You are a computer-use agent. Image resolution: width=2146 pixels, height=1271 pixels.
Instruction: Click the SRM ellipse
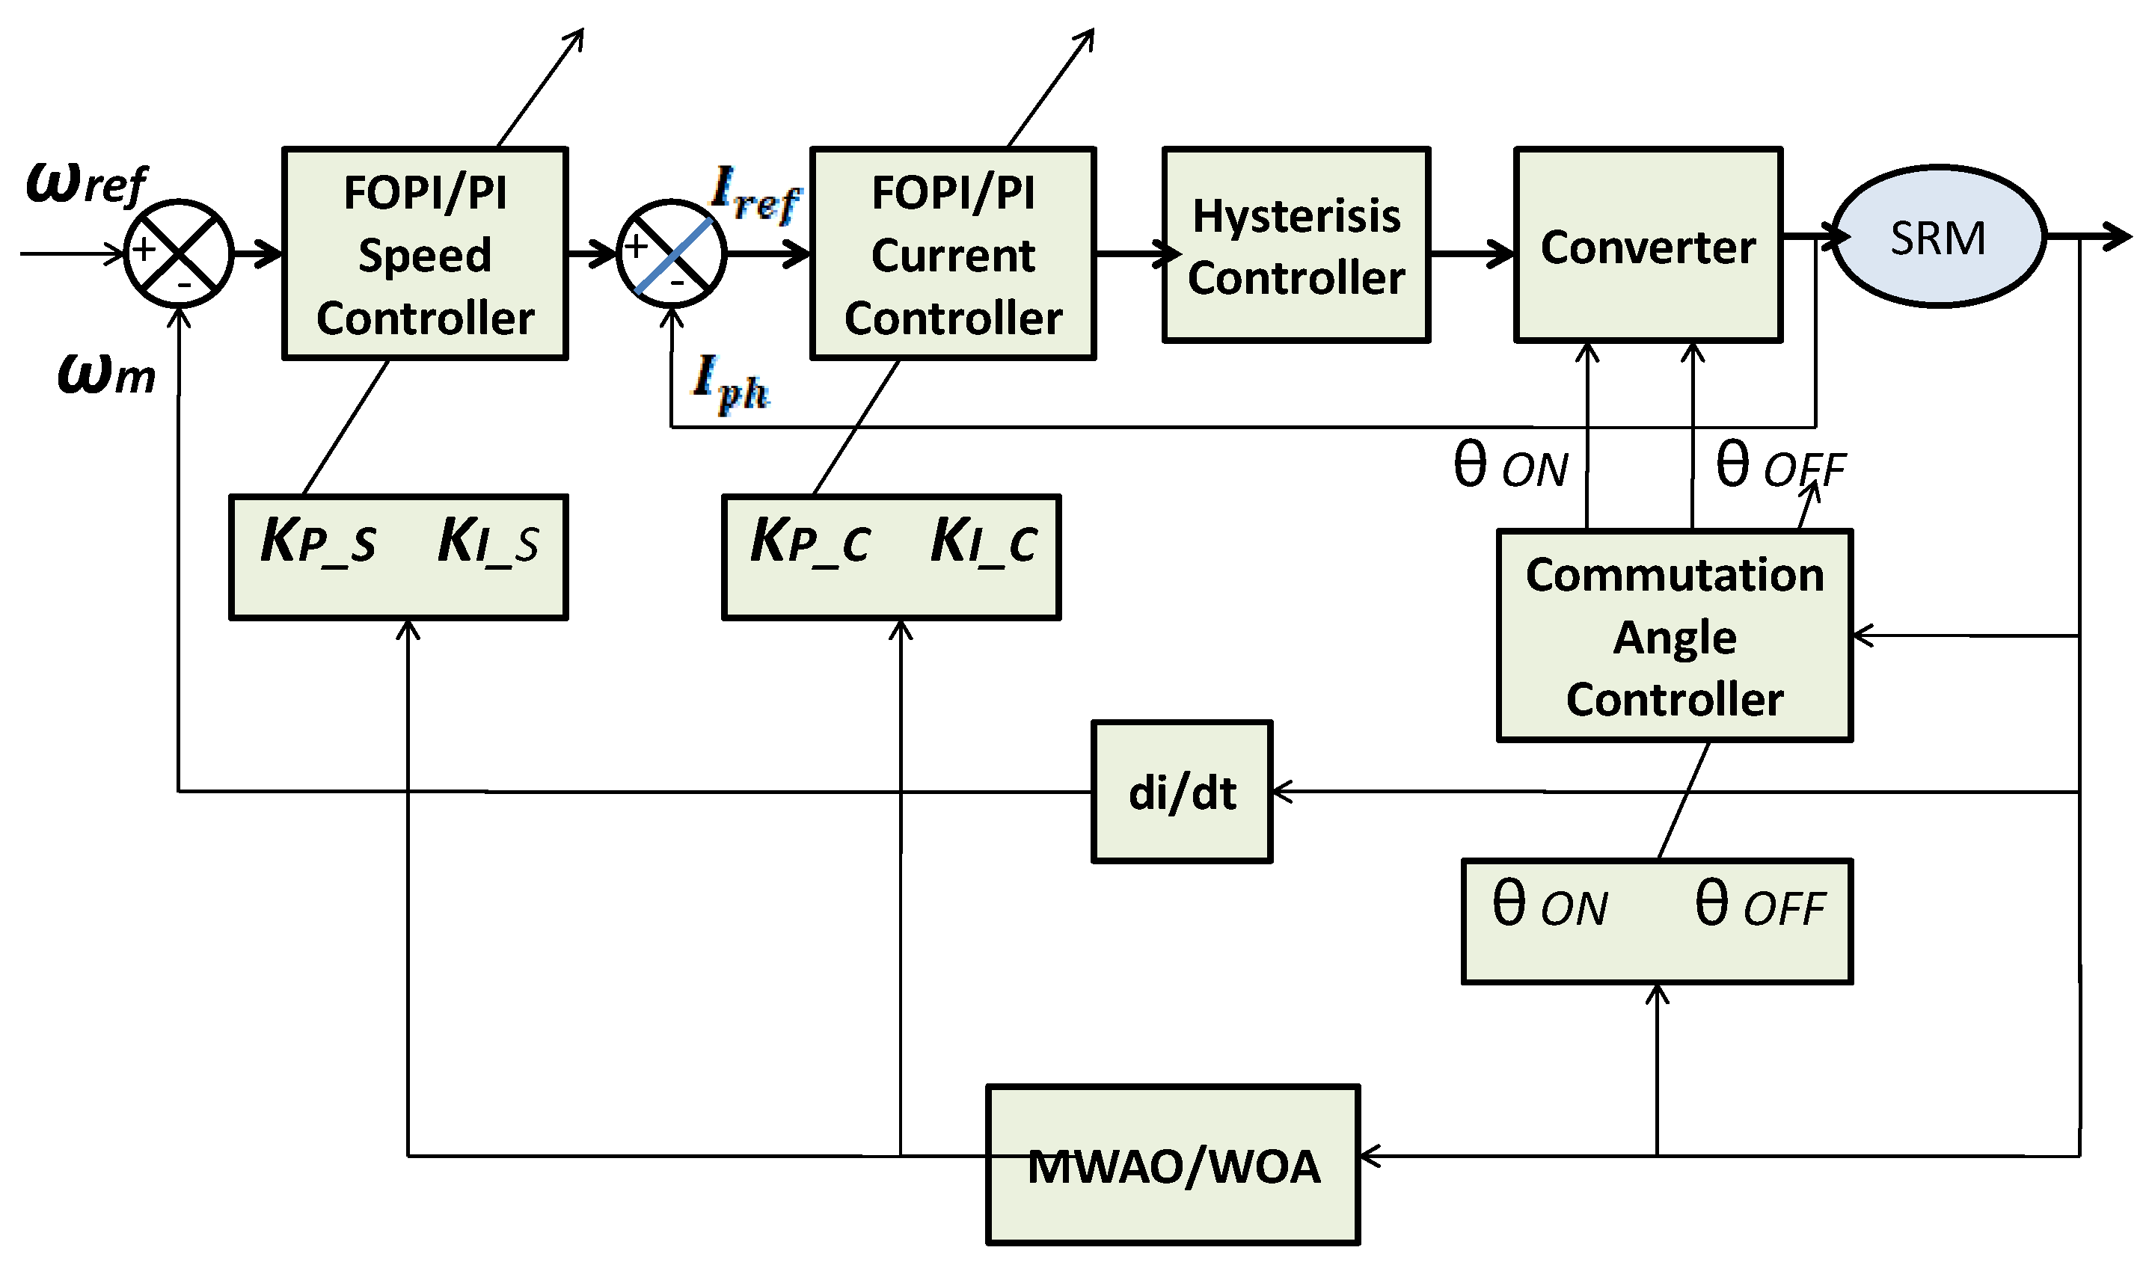pyautogui.click(x=1939, y=236)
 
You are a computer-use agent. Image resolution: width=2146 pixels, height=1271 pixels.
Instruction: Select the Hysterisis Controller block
pyautogui.click(x=1296, y=245)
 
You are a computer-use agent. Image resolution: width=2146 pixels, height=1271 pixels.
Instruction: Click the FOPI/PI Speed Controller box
pyautogui.click(x=425, y=253)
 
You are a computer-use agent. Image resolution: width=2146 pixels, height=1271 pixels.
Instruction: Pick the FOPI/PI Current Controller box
pyautogui.click(x=953, y=253)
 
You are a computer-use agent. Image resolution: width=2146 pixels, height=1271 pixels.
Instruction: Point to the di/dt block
pyautogui.click(x=1181, y=793)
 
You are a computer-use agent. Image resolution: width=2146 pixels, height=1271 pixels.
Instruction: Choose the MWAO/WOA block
pyautogui.click(x=1173, y=1165)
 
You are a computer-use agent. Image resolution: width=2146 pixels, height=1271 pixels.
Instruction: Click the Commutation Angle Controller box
pyautogui.click(x=1675, y=635)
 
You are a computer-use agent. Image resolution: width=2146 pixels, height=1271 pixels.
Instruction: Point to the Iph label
pyautogui.click(x=730, y=383)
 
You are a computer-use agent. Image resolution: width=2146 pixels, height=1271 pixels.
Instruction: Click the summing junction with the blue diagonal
pyautogui.click(x=672, y=254)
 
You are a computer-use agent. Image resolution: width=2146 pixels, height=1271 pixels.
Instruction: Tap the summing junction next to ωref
pyautogui.click(x=178, y=253)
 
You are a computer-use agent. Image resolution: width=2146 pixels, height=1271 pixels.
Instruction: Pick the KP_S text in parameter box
pyautogui.click(x=318, y=541)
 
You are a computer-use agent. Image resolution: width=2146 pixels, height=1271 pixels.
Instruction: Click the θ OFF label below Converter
pyautogui.click(x=1780, y=467)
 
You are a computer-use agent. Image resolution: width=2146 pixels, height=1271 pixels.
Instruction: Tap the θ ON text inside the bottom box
pyautogui.click(x=1550, y=906)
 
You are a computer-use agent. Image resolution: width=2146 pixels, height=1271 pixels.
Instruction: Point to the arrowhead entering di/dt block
pyautogui.click(x=1283, y=793)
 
